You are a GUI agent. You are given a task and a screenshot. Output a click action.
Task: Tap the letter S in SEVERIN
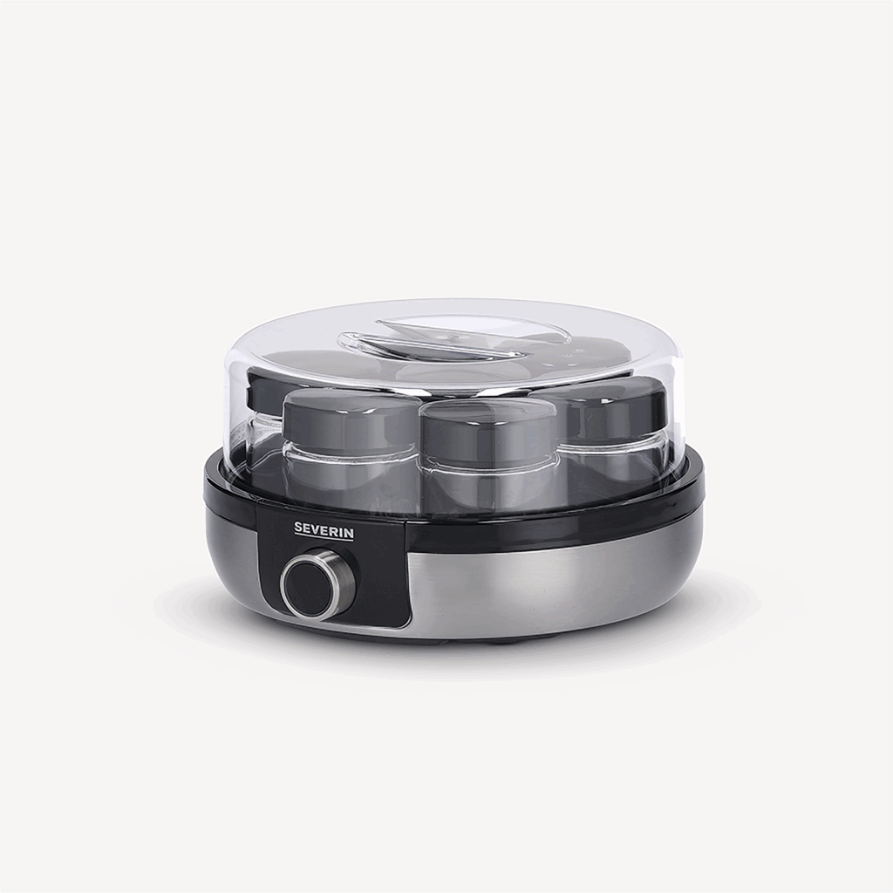[x=298, y=529]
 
